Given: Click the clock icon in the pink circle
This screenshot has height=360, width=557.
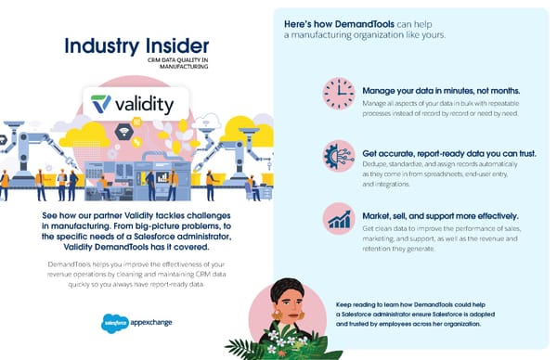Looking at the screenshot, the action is (338, 94).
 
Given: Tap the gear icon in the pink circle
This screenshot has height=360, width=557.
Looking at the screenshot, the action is (338, 157).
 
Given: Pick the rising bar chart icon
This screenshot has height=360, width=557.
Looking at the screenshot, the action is (338, 219).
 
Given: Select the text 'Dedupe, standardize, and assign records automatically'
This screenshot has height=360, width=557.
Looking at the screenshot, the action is (433, 164).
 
